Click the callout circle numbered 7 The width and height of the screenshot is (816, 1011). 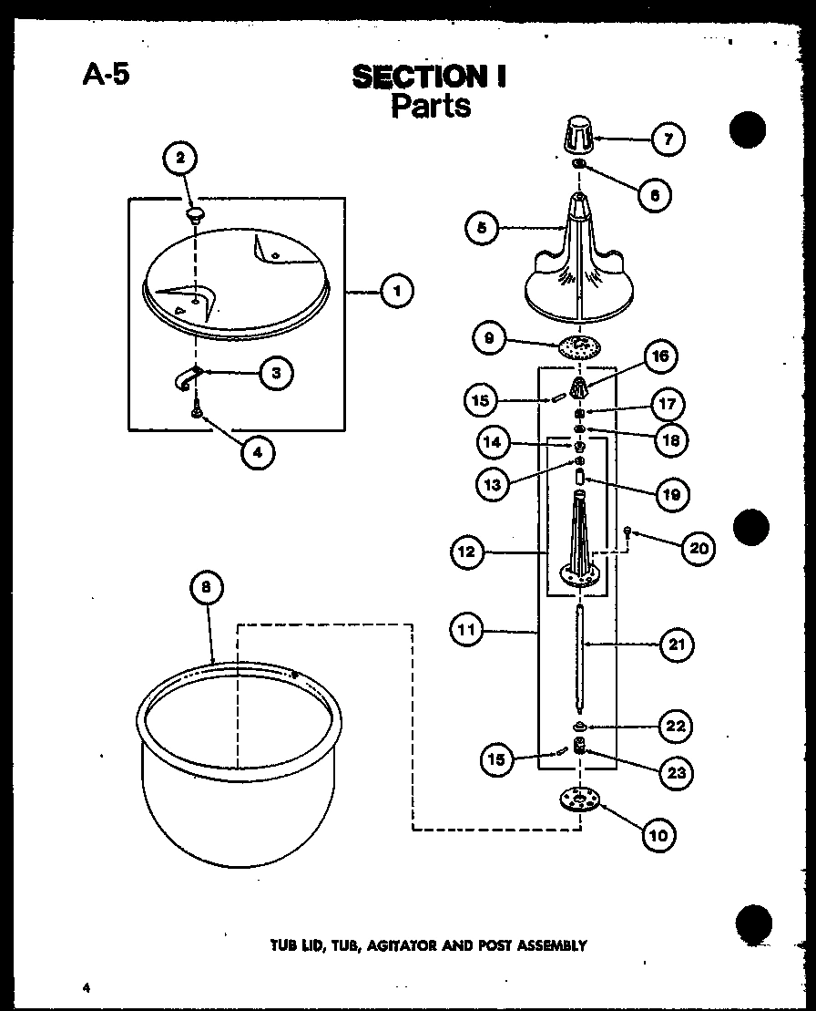(668, 139)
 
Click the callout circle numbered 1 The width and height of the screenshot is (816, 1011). (394, 291)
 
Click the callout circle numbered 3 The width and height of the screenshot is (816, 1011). (274, 371)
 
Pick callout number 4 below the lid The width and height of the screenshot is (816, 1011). (258, 451)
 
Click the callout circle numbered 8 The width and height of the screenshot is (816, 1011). (208, 587)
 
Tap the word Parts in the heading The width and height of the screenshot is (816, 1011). (431, 107)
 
